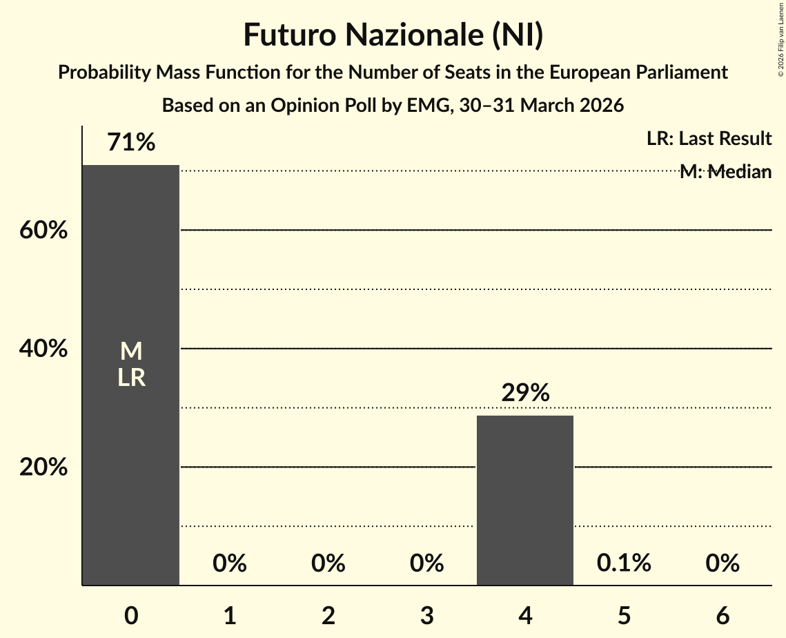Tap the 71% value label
click(131, 142)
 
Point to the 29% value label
click(525, 393)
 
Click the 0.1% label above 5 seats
click(624, 563)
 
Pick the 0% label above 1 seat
click(230, 563)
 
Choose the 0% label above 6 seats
click(723, 563)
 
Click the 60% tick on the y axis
click(43, 231)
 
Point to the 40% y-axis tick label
click(43, 349)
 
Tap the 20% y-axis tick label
click(43, 467)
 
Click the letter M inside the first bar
click(131, 351)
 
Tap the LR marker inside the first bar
click(131, 378)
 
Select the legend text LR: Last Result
click(709, 139)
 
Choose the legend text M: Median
click(725, 172)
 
